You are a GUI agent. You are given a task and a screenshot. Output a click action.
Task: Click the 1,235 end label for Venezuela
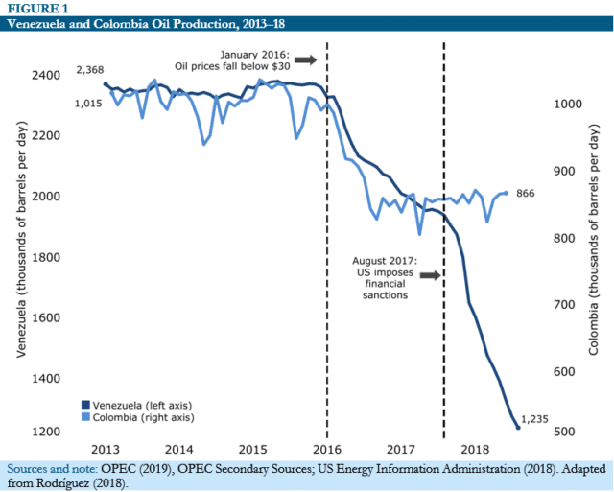535,419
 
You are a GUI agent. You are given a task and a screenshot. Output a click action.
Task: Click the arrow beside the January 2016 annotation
305,59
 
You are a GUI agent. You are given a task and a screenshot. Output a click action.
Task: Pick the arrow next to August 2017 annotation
429,275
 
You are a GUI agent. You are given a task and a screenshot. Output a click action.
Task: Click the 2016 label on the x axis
326,448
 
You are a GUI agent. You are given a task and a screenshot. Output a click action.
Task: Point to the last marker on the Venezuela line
518,427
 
